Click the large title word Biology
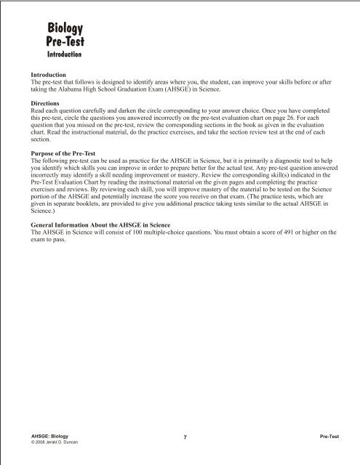click(65, 28)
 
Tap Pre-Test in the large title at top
click(65, 41)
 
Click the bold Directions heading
click(46, 104)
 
